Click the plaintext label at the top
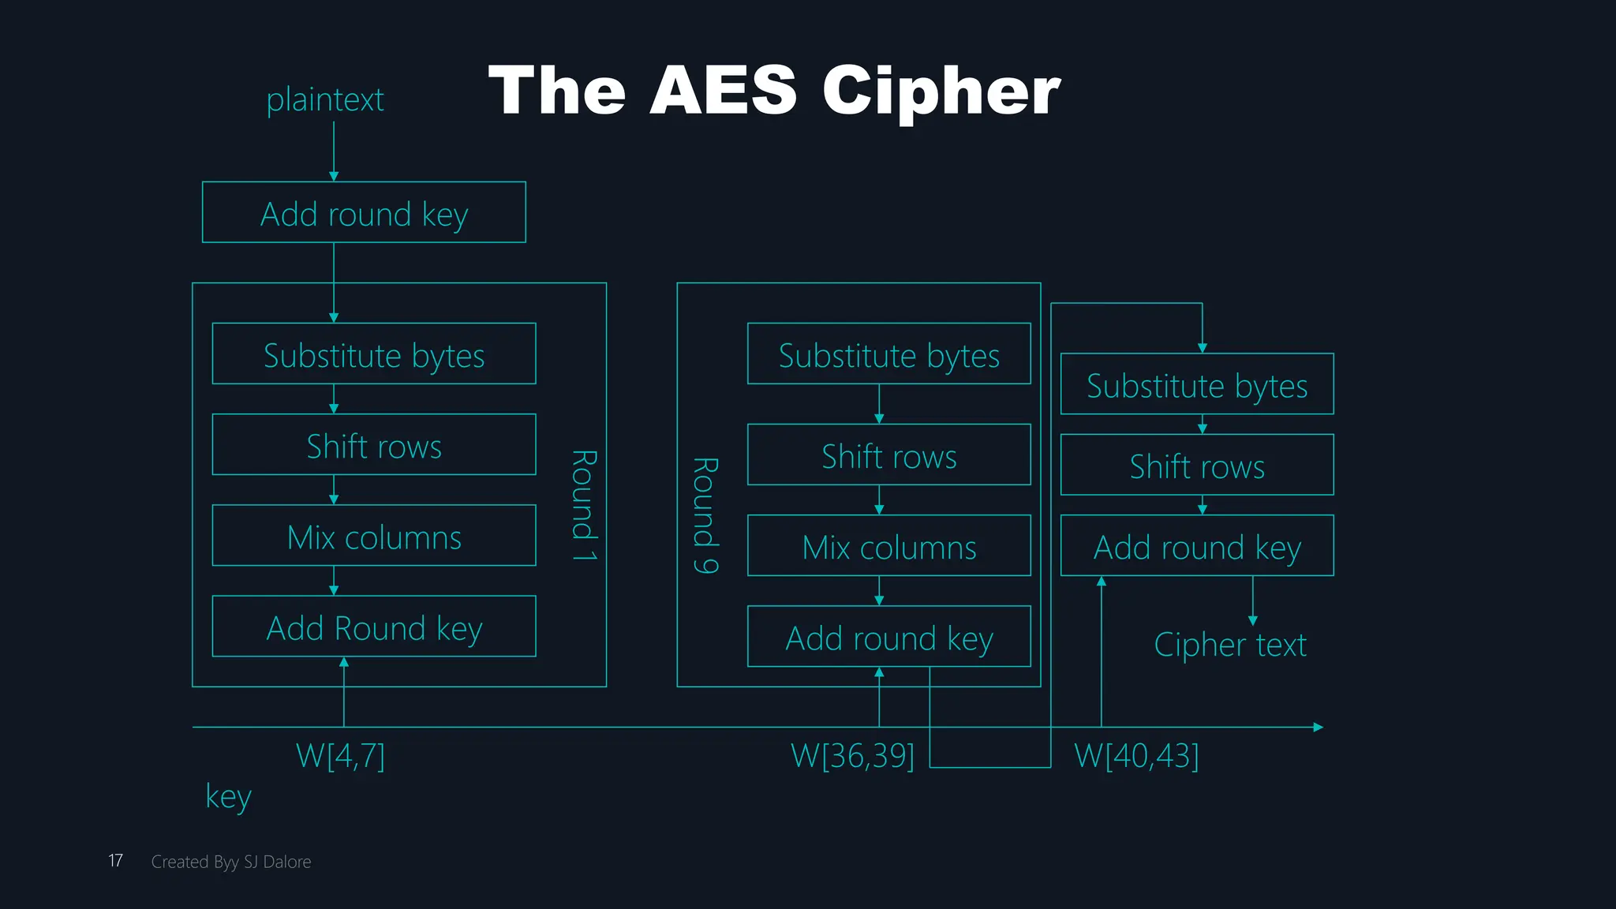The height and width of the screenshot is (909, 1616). click(x=324, y=100)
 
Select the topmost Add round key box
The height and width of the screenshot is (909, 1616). click(x=364, y=213)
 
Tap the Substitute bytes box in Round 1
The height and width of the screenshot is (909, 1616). click(x=374, y=354)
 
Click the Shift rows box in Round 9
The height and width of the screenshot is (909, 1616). click(x=888, y=455)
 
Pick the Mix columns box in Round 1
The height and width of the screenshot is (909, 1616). click(x=374, y=536)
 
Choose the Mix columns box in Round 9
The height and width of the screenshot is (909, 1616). click(x=888, y=546)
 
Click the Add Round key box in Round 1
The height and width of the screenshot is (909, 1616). click(x=374, y=627)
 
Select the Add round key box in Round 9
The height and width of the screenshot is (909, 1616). click(x=888, y=637)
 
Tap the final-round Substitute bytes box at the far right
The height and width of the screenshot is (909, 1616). click(x=1196, y=384)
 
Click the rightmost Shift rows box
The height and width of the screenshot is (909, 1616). click(x=1196, y=466)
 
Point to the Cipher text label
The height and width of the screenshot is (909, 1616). click(x=1229, y=645)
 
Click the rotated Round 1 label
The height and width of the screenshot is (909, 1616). click(x=584, y=505)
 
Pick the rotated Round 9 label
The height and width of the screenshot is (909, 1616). click(x=705, y=514)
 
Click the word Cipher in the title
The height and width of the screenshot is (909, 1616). click(x=941, y=91)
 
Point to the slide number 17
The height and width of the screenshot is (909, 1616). click(x=115, y=861)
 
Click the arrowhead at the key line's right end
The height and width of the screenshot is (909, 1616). click(x=1318, y=728)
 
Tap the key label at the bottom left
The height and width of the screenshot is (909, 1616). click(x=228, y=796)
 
